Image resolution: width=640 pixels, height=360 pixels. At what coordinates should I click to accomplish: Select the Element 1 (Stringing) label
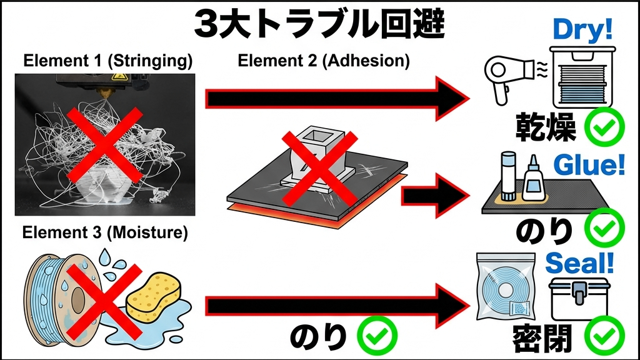click(x=107, y=62)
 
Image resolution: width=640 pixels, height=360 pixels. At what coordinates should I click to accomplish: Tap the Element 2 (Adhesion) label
click(x=324, y=61)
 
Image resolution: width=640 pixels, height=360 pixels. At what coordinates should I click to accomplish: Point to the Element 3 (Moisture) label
click(x=105, y=233)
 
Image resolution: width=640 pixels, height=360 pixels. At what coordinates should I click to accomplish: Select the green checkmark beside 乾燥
click(x=604, y=129)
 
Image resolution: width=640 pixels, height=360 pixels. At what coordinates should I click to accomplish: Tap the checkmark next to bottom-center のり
click(x=377, y=337)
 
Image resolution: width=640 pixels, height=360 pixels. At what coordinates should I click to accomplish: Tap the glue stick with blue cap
click(x=507, y=177)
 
